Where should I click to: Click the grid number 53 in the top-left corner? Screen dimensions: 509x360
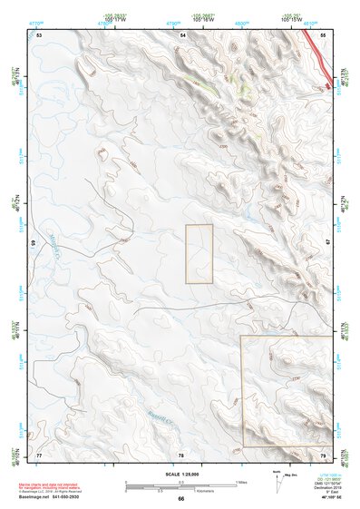(39, 34)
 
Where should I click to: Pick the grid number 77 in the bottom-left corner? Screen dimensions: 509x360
(39, 454)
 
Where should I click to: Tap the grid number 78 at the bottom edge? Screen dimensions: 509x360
(181, 454)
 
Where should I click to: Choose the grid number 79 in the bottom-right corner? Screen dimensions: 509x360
(323, 454)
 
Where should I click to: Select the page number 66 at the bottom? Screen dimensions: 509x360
(180, 499)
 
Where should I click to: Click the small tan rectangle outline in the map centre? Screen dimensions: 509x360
(199, 254)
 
